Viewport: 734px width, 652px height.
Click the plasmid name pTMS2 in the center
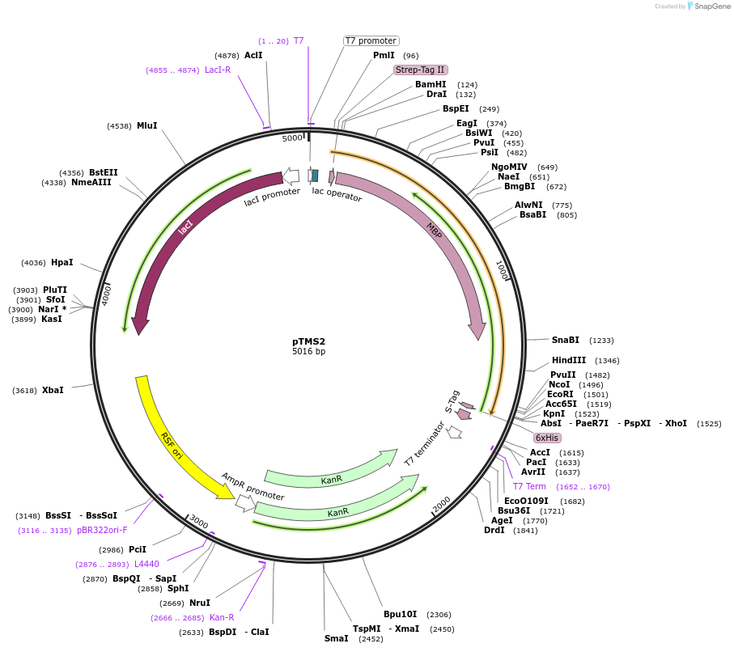click(x=308, y=341)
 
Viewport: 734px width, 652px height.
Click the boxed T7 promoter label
click(x=371, y=40)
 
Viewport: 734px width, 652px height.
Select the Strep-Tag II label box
click(x=420, y=70)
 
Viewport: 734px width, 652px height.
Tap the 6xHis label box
click(x=547, y=438)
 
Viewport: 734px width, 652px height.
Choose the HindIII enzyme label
click(x=569, y=360)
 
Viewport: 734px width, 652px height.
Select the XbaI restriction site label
click(x=53, y=390)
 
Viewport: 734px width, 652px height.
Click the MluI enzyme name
click(x=146, y=125)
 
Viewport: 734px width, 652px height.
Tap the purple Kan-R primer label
click(x=221, y=617)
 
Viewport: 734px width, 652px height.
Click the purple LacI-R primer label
click(x=217, y=70)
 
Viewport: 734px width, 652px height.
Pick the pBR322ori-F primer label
click(x=102, y=530)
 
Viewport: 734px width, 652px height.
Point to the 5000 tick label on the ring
click(x=291, y=138)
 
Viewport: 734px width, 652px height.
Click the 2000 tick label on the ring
click(x=442, y=504)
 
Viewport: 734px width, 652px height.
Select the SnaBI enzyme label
click(x=566, y=340)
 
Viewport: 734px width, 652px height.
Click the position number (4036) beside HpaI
click(x=34, y=262)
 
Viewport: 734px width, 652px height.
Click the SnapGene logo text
click(x=709, y=6)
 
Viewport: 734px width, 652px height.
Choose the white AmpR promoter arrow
click(x=244, y=503)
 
